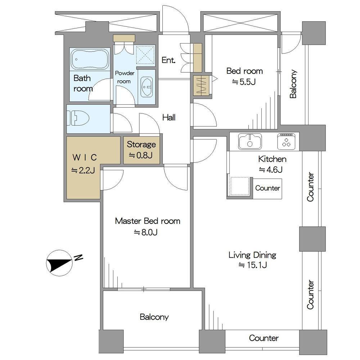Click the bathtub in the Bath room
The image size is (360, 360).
(90, 59)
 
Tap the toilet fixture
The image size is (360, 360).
(78, 118)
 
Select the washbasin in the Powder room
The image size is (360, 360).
(146, 87)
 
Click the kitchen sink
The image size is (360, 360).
(250, 141)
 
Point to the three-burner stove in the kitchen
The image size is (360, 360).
(286, 141)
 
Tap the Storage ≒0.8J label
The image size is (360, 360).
(141, 150)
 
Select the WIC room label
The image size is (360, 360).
(85, 158)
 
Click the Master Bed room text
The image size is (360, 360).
(147, 221)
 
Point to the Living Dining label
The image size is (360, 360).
(252, 255)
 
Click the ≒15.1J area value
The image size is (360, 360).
(253, 265)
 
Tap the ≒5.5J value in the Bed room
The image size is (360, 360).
(244, 82)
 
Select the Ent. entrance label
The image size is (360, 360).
(168, 60)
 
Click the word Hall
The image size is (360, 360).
(169, 118)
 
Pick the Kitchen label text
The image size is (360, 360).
(272, 159)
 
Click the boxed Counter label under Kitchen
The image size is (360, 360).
(267, 188)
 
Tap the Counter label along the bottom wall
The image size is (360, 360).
(264, 338)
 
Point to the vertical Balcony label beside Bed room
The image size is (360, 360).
(293, 84)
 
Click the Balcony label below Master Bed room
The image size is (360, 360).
(154, 317)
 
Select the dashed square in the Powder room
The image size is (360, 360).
(145, 55)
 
